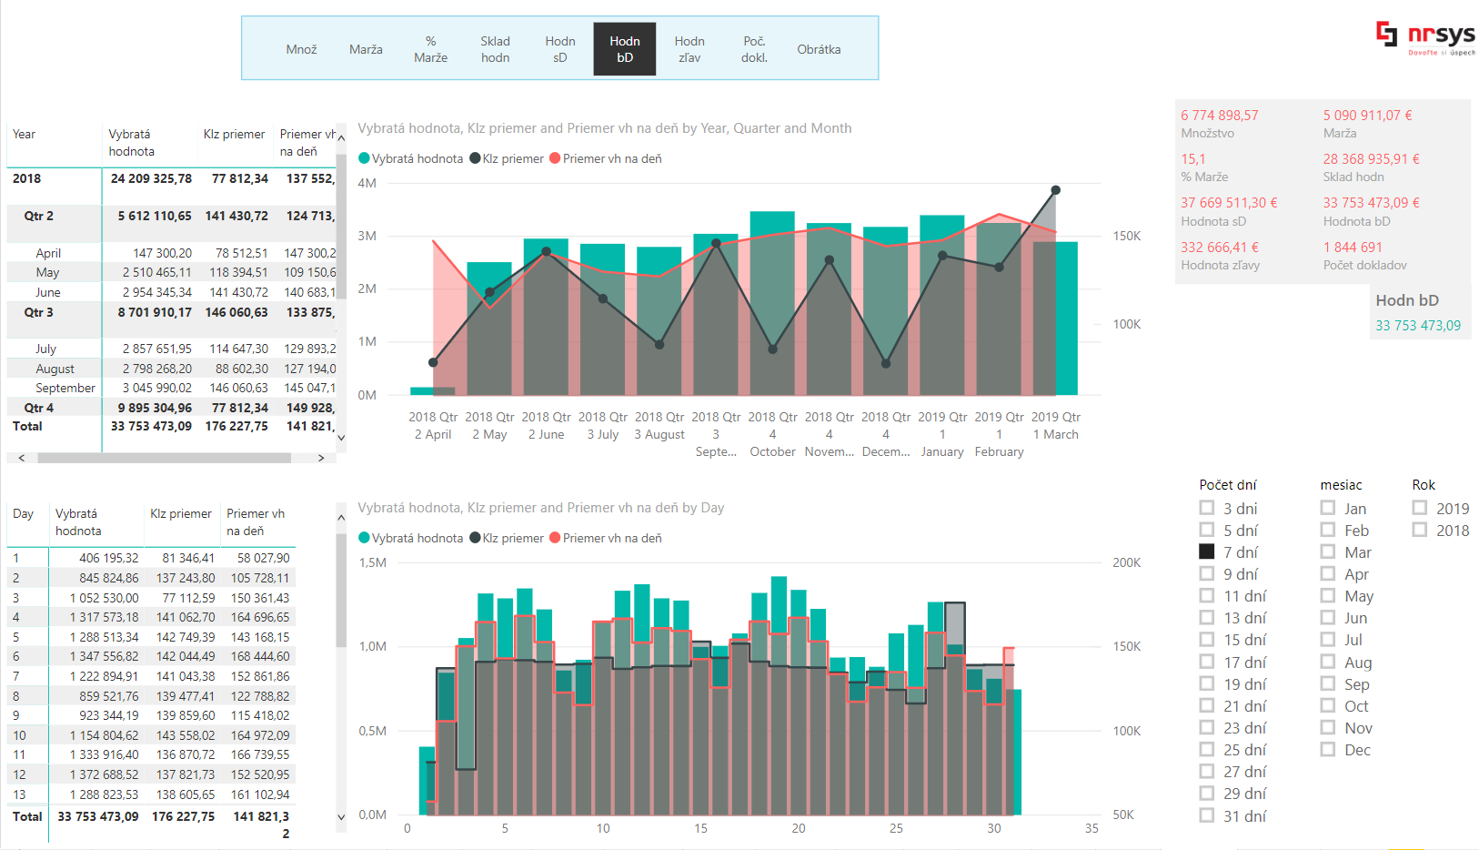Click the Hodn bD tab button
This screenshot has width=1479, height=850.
point(625,49)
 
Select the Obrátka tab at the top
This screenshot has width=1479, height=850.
point(819,49)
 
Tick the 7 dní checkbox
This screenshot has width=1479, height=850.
point(1207,551)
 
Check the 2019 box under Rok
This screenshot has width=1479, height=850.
point(1420,508)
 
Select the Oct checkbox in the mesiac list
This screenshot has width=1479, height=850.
point(1329,705)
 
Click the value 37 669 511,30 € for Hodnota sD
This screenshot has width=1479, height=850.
point(1229,203)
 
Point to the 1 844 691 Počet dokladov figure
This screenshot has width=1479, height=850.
point(1353,248)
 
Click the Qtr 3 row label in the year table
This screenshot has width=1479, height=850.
point(39,312)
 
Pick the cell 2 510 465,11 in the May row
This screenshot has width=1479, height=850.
point(157,272)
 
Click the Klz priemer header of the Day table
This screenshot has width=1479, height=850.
point(181,513)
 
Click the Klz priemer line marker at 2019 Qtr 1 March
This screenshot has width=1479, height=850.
point(1055,190)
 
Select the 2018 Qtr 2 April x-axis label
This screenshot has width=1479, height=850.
point(433,426)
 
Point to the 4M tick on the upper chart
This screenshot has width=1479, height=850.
point(367,183)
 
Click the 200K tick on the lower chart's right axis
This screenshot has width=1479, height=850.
point(1126,562)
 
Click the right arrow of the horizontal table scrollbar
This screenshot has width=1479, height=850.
point(321,458)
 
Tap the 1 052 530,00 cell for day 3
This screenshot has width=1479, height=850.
point(105,598)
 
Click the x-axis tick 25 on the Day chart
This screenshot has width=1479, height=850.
point(896,828)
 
